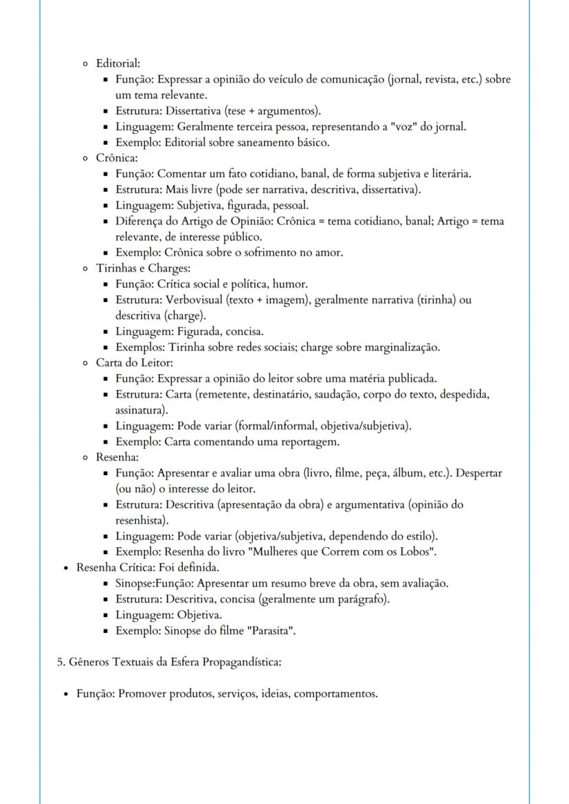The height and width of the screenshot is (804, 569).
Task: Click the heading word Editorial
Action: (x=118, y=63)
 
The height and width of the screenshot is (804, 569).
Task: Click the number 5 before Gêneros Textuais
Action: (x=59, y=663)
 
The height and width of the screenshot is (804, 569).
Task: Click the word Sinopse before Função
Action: (x=135, y=584)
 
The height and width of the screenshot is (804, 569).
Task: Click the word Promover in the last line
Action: (x=141, y=693)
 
